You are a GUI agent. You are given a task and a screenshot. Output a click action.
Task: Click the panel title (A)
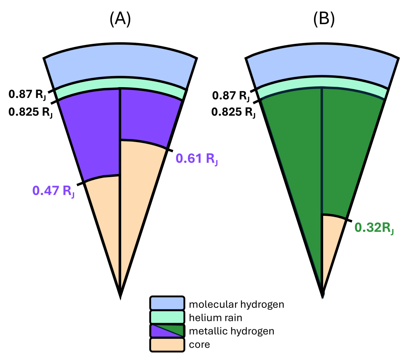[x=120, y=19]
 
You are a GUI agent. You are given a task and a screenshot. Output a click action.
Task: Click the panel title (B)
[x=324, y=19]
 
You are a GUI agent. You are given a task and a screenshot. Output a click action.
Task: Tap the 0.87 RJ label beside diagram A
[x=27, y=94]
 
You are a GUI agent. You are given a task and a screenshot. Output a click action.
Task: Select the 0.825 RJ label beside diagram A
[x=30, y=112]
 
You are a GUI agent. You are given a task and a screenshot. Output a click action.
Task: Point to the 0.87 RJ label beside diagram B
[x=231, y=96]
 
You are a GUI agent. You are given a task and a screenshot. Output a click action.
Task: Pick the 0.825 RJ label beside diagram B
[x=233, y=112]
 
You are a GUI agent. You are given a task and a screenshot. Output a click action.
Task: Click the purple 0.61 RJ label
[x=197, y=159]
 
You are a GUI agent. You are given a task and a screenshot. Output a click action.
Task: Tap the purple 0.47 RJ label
[x=53, y=191]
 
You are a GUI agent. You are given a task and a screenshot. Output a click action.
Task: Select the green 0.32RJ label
[x=374, y=228]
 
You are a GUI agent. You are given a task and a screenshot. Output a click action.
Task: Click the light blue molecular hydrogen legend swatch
[x=167, y=303]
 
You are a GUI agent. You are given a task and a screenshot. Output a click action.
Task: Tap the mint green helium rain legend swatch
[x=167, y=317]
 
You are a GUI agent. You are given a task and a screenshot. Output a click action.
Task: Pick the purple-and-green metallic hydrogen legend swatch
[x=167, y=331]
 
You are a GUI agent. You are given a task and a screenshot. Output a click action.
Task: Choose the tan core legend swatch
[x=167, y=345]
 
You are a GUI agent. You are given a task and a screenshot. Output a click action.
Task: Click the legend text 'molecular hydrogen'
[x=237, y=305]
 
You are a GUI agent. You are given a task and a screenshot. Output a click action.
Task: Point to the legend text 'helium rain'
[x=216, y=318]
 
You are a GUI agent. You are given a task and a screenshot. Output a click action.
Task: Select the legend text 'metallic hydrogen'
[x=231, y=331]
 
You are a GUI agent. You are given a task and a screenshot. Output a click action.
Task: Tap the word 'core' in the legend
[x=199, y=344]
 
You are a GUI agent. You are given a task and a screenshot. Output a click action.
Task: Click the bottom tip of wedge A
[x=120, y=297]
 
